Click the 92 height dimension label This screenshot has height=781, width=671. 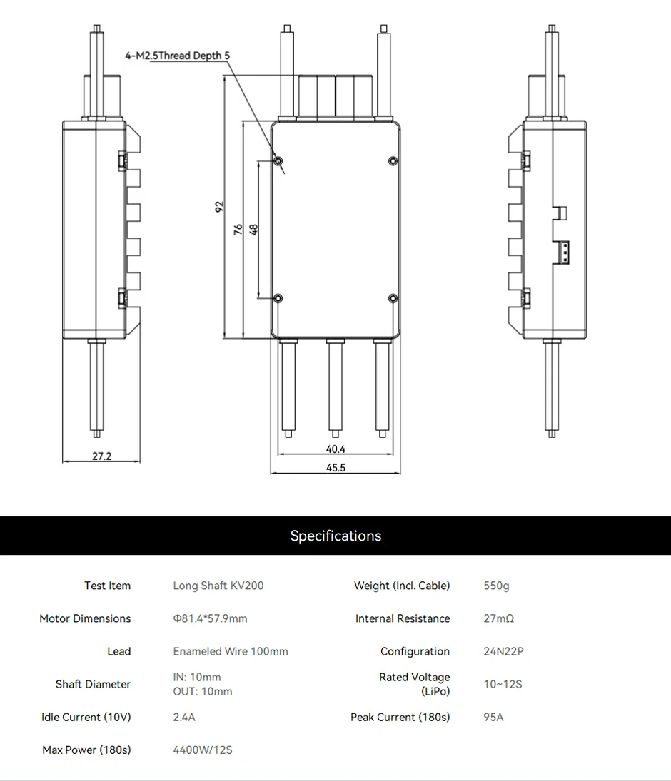point(220,206)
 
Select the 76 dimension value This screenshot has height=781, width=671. point(238,229)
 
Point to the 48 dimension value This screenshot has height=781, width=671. point(253,229)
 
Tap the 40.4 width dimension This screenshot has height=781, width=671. point(335,449)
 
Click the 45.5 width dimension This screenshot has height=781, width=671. point(335,468)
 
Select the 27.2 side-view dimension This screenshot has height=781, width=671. point(102,456)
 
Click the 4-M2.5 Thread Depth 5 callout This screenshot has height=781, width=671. point(178,55)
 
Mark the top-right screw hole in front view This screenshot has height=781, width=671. point(393,160)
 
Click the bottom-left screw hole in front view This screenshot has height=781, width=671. point(279,298)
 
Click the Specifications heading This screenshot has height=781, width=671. point(335,536)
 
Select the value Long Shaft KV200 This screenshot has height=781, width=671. point(218,586)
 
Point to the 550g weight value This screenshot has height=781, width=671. point(496,586)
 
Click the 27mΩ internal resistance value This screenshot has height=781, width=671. point(498,618)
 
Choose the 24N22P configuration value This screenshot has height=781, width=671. point(503,651)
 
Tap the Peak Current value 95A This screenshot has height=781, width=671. point(493,717)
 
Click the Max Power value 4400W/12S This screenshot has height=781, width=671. point(203,750)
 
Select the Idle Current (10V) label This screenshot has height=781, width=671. point(86,717)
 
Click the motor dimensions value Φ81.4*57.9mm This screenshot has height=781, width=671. point(210,618)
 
